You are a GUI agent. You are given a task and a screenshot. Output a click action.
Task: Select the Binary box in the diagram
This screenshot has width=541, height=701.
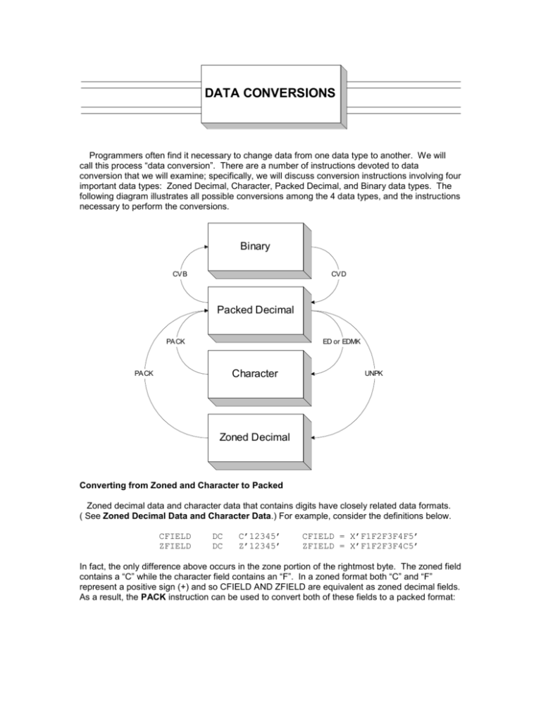(x=256, y=248)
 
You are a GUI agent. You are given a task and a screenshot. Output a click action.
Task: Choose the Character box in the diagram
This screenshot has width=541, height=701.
(x=256, y=373)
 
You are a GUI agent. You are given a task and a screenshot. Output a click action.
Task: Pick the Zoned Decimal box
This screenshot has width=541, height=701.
(x=256, y=437)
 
